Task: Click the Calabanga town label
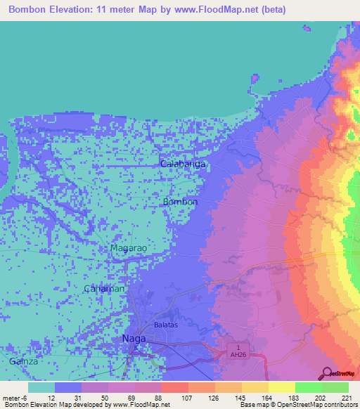pos(183,164)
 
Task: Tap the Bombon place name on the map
pos(180,202)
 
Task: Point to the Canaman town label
pos(104,289)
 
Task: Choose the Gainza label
pos(25,361)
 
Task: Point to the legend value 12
pos(51,398)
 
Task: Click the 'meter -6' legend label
pos(15,398)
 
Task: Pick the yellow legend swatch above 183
pos(281,387)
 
